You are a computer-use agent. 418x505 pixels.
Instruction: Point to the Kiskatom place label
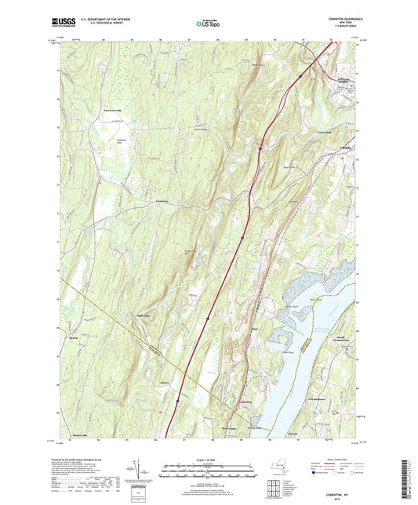coord(161,202)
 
